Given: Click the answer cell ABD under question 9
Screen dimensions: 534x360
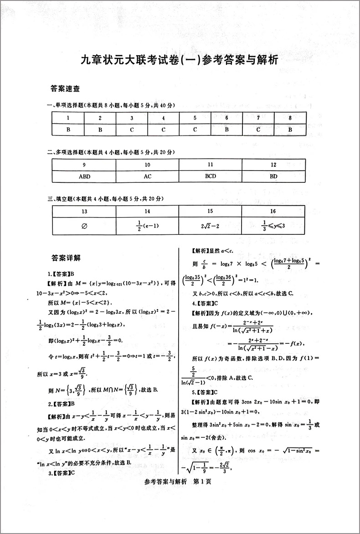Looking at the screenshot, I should (84, 176).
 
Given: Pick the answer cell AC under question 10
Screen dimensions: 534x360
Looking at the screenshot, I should (147, 176).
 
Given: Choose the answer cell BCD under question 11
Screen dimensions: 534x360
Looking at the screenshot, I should (210, 176).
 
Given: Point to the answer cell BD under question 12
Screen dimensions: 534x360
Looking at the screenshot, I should (273, 176).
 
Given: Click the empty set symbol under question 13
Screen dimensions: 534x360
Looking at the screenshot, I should (84, 225).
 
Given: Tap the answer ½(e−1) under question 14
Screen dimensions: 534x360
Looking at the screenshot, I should (147, 225).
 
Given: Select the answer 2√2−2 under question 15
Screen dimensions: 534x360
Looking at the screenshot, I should (210, 225).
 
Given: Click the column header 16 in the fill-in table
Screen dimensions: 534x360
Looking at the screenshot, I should (273, 211).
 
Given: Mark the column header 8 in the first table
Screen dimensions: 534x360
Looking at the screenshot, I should (290, 118).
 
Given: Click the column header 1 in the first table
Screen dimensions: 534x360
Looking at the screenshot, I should (68, 118).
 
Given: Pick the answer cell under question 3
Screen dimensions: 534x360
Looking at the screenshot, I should (132, 129).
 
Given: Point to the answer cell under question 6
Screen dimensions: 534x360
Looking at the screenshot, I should (226, 129).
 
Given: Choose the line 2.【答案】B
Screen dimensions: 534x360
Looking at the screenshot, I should (61, 404).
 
